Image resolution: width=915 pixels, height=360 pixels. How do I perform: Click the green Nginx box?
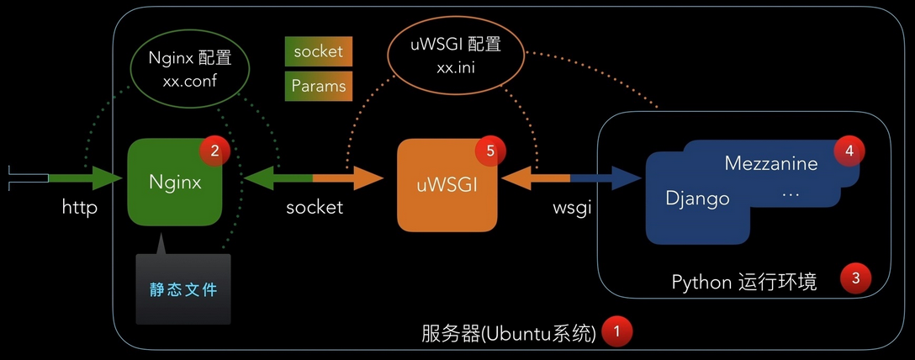click(x=174, y=183)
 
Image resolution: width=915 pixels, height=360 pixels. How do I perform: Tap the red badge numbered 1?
click(x=617, y=331)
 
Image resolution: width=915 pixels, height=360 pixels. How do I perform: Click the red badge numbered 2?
click(x=214, y=151)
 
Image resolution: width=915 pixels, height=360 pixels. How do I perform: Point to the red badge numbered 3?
click(x=855, y=278)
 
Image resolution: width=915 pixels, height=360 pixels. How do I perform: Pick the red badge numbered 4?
click(x=849, y=151)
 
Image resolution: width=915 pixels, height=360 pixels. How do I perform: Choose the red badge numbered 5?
click(x=489, y=151)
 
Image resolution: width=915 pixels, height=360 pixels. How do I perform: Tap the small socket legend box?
click(x=318, y=51)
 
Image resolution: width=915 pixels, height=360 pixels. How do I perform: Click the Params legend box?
click(x=318, y=85)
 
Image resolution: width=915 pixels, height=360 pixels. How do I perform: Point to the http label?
click(x=80, y=206)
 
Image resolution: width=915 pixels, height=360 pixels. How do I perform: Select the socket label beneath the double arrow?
click(x=314, y=207)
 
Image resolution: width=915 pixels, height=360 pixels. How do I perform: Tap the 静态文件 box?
click(x=182, y=289)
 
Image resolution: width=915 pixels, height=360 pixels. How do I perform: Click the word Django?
click(x=697, y=199)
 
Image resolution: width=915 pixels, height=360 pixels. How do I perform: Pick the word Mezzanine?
click(x=770, y=164)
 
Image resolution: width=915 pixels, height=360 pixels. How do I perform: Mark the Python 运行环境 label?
click(x=743, y=281)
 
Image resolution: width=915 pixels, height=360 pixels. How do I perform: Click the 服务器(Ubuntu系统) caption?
click(x=508, y=333)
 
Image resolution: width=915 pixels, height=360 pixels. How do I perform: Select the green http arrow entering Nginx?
click(x=84, y=177)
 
